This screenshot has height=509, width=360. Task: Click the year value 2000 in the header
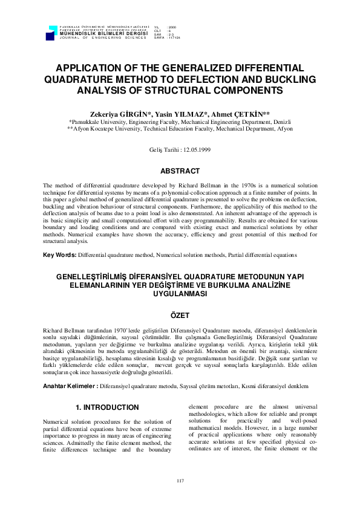click(x=172, y=28)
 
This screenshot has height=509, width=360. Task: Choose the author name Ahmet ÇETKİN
click(x=231, y=113)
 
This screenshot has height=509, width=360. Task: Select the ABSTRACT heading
click(x=180, y=170)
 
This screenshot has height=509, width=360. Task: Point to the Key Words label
click(x=60, y=255)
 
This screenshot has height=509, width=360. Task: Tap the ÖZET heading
click(x=180, y=316)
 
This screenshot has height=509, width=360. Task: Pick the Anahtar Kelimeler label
click(x=70, y=368)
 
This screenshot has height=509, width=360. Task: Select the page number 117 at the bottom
click(x=180, y=481)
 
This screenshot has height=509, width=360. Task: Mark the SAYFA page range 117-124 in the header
click(x=175, y=37)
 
